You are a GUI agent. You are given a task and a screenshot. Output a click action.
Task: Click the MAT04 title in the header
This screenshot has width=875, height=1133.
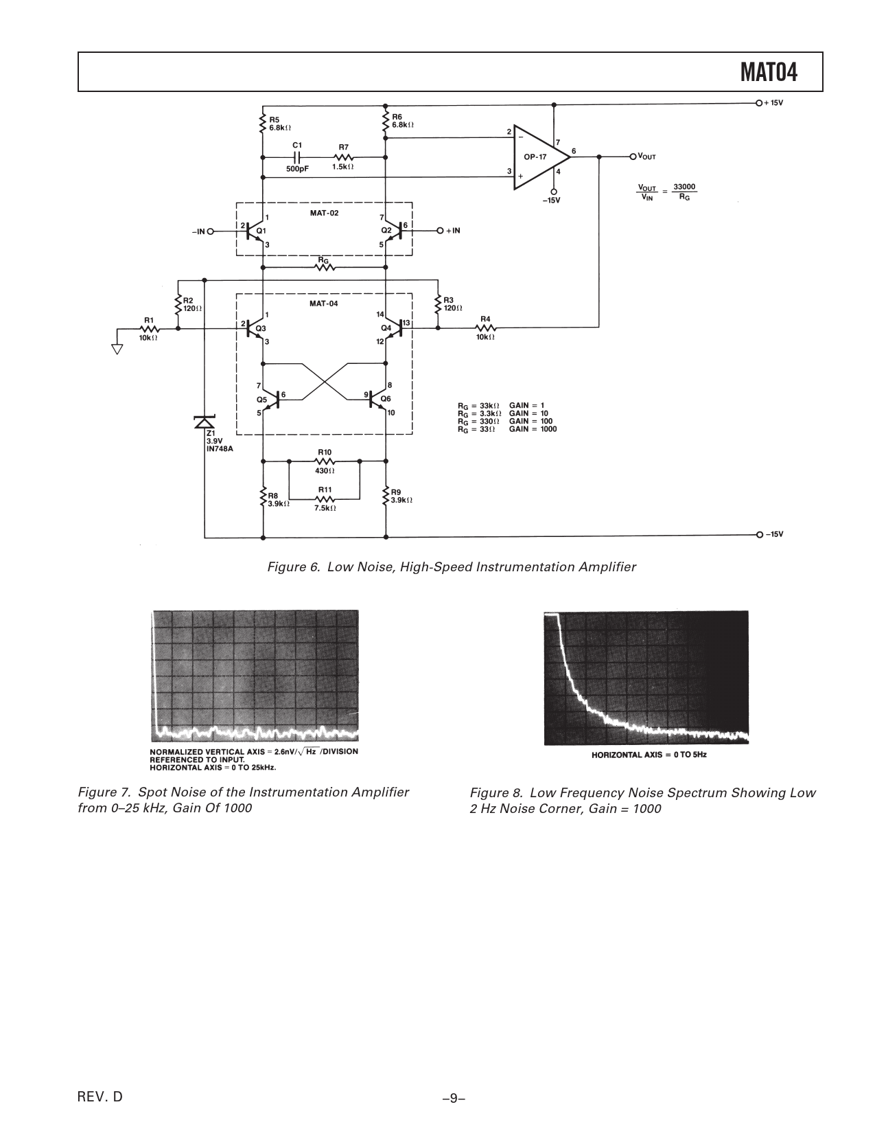(x=769, y=72)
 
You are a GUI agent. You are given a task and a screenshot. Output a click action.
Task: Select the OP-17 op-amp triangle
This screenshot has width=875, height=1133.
(x=539, y=157)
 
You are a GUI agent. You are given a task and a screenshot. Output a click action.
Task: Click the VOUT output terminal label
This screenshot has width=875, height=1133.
(x=646, y=157)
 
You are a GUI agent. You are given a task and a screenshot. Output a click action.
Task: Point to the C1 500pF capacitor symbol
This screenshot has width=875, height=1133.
(x=297, y=157)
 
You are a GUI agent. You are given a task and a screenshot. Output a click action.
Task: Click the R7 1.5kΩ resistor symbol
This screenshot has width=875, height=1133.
(x=343, y=157)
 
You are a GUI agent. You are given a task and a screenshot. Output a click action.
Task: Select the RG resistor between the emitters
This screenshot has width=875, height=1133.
(x=325, y=267)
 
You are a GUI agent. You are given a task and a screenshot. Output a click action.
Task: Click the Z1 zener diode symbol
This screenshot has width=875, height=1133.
(x=205, y=422)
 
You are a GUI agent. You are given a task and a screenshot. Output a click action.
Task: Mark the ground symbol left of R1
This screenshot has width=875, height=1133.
(x=117, y=348)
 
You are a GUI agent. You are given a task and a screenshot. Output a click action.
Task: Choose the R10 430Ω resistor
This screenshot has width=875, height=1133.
(x=325, y=461)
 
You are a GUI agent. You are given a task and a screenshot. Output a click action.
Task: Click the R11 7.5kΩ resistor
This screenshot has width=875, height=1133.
(x=325, y=499)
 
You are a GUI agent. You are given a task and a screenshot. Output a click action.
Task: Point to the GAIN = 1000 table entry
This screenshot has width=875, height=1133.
(x=533, y=429)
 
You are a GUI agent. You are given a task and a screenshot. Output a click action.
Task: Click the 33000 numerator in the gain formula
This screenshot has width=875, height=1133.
(x=684, y=186)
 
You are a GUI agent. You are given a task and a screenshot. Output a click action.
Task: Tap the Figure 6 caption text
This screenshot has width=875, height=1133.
(x=452, y=567)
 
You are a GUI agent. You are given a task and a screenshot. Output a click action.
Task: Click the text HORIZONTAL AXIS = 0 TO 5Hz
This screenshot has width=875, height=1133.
(x=649, y=755)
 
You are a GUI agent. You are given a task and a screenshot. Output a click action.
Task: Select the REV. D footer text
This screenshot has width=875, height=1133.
(x=100, y=1097)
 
